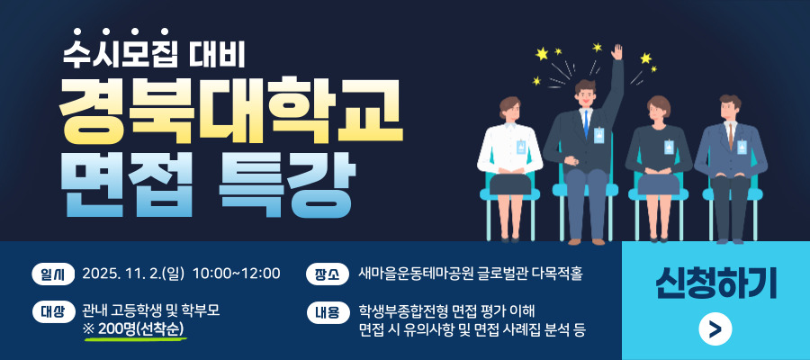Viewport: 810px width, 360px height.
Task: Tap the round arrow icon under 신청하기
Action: click(715, 328)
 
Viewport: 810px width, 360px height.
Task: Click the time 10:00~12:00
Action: click(237, 274)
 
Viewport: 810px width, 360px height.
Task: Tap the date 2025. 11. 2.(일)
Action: click(133, 274)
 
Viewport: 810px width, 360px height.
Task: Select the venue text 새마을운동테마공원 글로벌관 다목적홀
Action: click(471, 274)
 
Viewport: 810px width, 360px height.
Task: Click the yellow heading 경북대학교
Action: click(230, 111)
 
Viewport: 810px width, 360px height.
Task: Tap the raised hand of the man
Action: click(616, 52)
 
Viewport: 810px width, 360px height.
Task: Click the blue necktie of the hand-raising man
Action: click(586, 123)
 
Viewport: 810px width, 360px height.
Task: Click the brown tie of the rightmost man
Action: click(731, 135)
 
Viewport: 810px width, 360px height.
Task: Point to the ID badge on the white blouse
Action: click(521, 147)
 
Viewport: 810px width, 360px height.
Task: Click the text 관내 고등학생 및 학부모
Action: click(151, 310)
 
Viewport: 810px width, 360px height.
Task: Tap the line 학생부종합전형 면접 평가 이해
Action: click(447, 310)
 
